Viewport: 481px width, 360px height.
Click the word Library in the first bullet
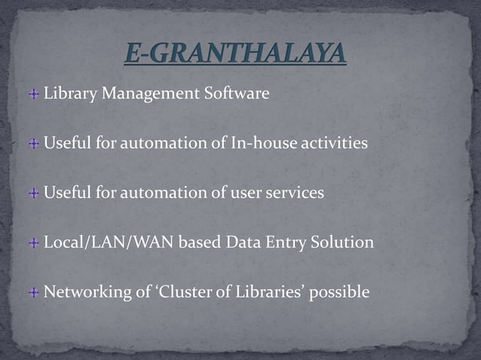coord(66,94)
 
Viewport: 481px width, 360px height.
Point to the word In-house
coord(259,143)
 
